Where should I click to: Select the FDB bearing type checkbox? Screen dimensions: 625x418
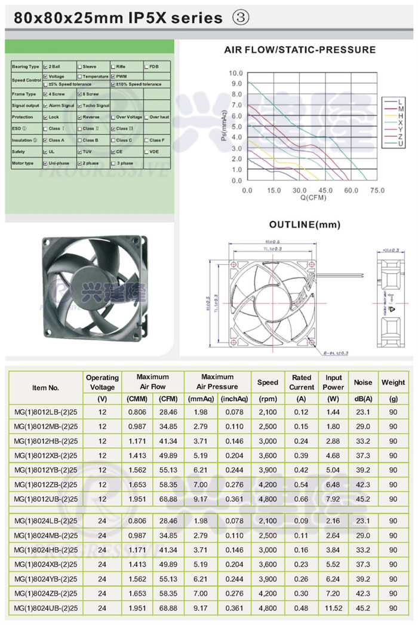pyautogui.click(x=147, y=66)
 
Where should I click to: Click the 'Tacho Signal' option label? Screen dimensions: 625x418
pyautogui.click(x=96, y=106)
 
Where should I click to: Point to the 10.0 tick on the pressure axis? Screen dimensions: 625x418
pyautogui.click(x=235, y=73)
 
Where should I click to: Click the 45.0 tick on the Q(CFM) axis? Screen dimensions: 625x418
pyautogui.click(x=325, y=191)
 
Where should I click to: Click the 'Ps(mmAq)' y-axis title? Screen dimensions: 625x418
pyautogui.click(x=222, y=127)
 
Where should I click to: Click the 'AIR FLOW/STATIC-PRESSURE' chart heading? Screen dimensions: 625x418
pyautogui.click(x=300, y=50)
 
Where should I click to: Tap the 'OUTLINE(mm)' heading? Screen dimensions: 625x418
pyautogui.click(x=305, y=225)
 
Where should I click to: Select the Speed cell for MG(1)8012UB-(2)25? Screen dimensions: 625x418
pyautogui.click(x=268, y=499)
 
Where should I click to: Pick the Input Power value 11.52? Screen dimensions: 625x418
pyautogui.click(x=333, y=608)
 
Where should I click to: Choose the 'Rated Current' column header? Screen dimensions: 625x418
pyautogui.click(x=302, y=382)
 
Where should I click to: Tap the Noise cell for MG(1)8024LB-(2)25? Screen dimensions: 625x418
pyautogui.click(x=363, y=520)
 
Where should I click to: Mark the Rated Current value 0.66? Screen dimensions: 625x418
pyautogui.click(x=302, y=499)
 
